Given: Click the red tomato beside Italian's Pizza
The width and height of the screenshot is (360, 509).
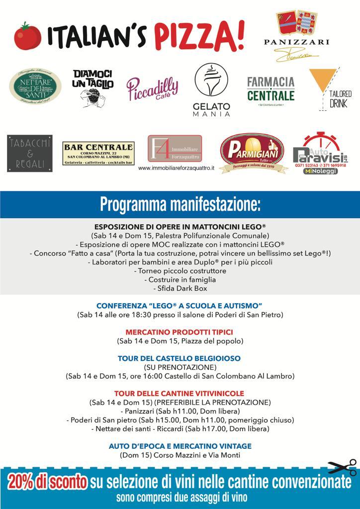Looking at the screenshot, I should click(24, 36).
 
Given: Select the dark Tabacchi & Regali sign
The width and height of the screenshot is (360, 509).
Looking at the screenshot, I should click(30, 153).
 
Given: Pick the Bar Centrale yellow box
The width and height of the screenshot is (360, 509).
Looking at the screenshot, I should click(98, 154).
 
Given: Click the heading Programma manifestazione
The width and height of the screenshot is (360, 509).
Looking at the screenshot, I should click(180, 203).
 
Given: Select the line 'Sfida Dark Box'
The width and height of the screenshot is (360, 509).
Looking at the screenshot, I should click(180, 288).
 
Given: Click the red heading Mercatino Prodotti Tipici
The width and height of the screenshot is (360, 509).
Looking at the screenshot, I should click(180, 332).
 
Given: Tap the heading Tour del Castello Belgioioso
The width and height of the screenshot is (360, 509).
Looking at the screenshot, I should click(180, 358).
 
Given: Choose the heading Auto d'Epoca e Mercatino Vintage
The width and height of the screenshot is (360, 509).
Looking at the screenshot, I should click(180, 446).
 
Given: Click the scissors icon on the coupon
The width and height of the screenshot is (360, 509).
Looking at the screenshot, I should click(342, 468).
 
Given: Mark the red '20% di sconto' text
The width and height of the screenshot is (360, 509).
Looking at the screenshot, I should click(48, 482).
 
